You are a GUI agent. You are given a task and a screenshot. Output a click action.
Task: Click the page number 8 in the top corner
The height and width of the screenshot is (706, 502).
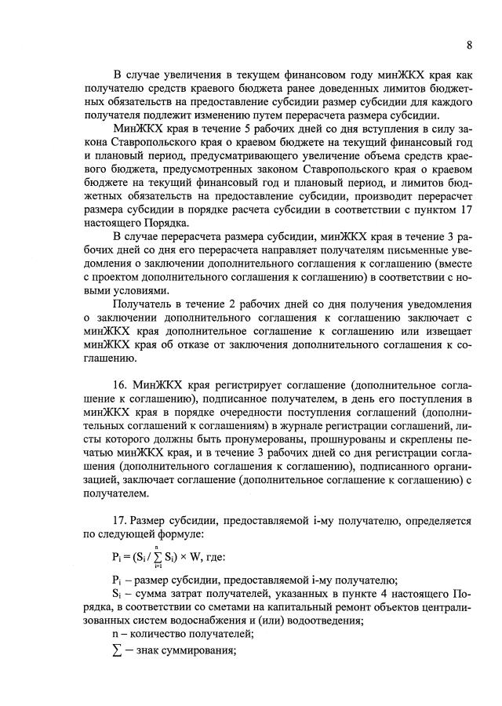click(469, 45)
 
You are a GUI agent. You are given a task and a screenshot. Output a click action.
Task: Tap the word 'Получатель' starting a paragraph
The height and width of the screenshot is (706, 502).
click(142, 303)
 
